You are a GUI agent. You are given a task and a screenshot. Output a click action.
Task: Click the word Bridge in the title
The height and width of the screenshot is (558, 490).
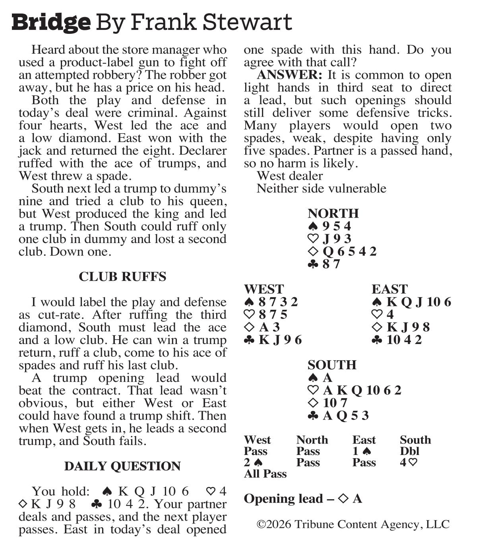point(51,22)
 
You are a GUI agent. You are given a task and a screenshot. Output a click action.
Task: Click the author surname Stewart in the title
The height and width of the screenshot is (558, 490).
point(247,22)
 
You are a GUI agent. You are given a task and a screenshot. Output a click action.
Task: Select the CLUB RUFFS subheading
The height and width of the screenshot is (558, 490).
point(122,277)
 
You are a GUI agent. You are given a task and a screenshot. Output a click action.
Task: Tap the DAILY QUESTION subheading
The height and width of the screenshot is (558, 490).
point(122,466)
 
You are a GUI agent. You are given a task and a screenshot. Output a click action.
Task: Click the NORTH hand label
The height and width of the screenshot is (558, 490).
point(333,213)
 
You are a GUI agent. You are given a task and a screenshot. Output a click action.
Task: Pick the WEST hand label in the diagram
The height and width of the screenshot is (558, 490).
point(264,289)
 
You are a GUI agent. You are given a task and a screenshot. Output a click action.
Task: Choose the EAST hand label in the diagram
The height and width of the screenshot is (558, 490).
point(389,289)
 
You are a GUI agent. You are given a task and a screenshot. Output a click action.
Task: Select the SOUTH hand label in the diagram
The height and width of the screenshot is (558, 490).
point(332,365)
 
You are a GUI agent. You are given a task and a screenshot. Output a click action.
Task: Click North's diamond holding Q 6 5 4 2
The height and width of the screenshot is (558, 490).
point(343,251)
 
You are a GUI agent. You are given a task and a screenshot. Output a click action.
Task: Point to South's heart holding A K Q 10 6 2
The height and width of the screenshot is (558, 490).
point(355,390)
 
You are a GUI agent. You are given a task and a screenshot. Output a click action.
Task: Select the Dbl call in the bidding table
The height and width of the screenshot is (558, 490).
point(410,451)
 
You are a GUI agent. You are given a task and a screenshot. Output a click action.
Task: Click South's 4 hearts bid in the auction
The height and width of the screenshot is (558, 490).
point(409,463)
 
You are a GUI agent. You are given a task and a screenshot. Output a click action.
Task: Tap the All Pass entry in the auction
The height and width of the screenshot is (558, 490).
point(265,474)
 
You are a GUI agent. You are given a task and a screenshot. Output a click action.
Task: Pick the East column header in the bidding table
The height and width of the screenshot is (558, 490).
point(364,440)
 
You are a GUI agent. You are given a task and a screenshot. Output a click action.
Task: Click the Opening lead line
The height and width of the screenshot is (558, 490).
point(303,499)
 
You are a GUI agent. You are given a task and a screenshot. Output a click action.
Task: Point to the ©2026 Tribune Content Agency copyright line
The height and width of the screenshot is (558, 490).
point(353,524)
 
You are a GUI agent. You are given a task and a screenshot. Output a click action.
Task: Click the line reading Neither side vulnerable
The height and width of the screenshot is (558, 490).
point(321,188)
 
